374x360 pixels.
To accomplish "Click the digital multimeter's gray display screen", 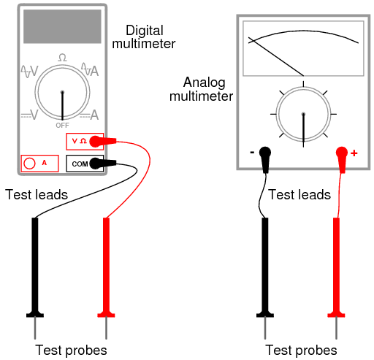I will pyautogui.click(x=63, y=27).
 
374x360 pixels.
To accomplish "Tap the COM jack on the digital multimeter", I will pyautogui.click(x=93, y=163).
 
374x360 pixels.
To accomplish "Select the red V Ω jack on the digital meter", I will pyautogui.click(x=93, y=141).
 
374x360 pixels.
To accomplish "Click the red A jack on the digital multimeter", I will pyautogui.click(x=31, y=164).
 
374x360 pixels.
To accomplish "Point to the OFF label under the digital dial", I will pyautogui.click(x=63, y=126).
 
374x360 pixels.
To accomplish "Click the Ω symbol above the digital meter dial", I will pyautogui.click(x=63, y=57).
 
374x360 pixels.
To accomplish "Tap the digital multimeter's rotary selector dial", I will pyautogui.click(x=63, y=93).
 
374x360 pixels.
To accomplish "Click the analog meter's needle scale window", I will pyautogui.click(x=302, y=48).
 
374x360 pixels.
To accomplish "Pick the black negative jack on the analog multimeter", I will pyautogui.click(x=264, y=153).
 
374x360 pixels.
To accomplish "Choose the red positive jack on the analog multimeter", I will pyautogui.click(x=341, y=153).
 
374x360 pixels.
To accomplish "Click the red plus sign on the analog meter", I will pyautogui.click(x=354, y=153).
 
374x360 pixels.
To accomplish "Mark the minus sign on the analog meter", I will pyautogui.click(x=252, y=153).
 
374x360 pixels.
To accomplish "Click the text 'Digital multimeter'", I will pyautogui.click(x=150, y=37).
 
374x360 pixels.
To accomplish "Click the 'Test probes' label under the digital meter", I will pyautogui.click(x=71, y=350).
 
